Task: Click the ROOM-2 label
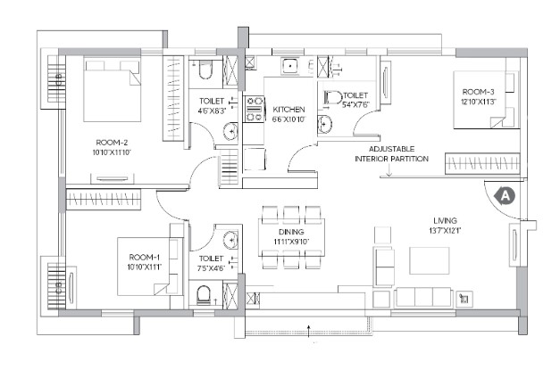click(112, 143)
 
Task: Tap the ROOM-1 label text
click(145, 258)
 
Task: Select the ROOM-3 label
click(478, 92)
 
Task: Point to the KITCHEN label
click(288, 110)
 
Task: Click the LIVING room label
click(445, 221)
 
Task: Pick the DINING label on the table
click(291, 232)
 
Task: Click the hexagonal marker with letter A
click(505, 196)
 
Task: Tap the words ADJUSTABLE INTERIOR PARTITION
click(391, 153)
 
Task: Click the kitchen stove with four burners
click(254, 109)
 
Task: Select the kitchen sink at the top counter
click(291, 66)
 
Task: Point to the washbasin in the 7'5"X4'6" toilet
click(230, 239)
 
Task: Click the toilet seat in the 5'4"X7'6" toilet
click(332, 97)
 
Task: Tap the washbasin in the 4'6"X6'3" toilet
click(230, 132)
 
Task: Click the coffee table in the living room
click(429, 260)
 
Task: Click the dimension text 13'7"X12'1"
click(445, 231)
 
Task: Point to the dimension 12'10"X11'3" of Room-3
click(478, 102)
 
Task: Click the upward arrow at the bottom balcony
click(308, 330)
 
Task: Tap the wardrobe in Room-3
click(482, 163)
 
